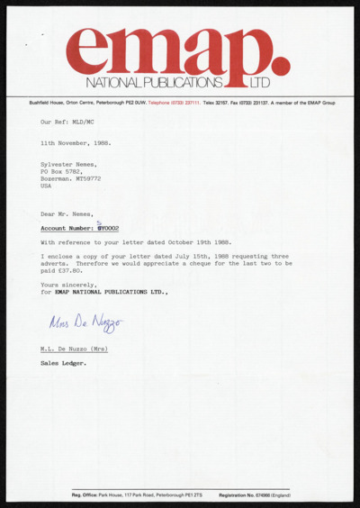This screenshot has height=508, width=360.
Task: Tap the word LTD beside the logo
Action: [260, 83]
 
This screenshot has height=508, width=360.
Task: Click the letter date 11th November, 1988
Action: [76, 142]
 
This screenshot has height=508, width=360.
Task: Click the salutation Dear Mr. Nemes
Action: [66, 213]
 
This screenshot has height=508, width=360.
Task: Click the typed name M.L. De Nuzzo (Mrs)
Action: [75, 349]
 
